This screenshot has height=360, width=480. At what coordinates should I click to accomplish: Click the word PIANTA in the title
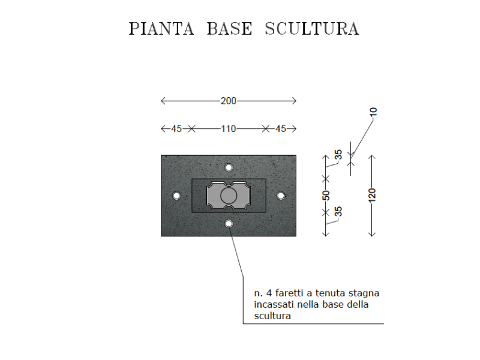[161, 29]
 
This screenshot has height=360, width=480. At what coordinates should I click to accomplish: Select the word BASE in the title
[230, 29]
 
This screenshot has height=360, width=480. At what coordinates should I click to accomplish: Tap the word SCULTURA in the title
[311, 29]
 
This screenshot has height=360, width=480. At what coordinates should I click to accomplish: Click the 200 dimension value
[229, 101]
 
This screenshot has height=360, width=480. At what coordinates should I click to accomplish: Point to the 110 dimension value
[229, 129]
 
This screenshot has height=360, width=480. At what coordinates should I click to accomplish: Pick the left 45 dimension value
[176, 129]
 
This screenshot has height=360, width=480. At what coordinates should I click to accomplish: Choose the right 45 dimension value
[280, 129]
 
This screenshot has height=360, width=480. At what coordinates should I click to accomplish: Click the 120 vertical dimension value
[372, 196]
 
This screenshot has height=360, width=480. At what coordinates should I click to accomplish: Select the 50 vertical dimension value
[326, 196]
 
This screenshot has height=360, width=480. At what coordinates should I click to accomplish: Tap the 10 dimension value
[373, 112]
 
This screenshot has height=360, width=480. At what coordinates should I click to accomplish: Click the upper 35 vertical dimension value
[338, 155]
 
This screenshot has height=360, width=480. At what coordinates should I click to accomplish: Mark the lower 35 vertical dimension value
[338, 211]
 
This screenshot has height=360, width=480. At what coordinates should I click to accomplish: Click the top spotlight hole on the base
[229, 168]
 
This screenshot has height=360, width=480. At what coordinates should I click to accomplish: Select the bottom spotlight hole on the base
[229, 224]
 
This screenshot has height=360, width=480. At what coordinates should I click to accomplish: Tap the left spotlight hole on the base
[176, 196]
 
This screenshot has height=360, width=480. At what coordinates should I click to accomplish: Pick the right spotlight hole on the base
[281, 196]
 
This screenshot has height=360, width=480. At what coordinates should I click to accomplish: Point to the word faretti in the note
[289, 293]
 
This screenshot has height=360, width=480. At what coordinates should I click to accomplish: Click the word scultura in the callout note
[272, 316]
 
